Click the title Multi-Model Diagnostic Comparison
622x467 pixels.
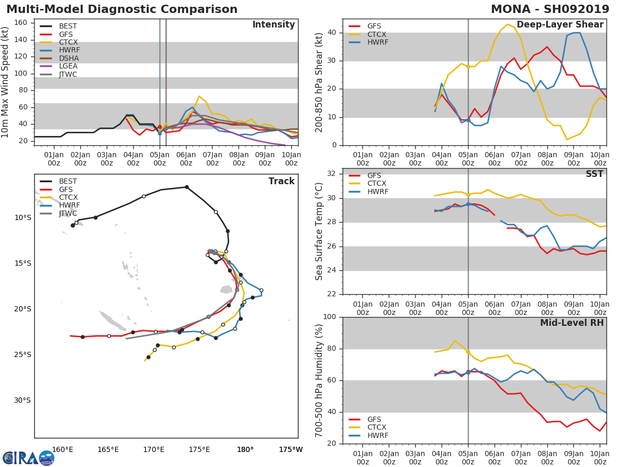(x=122, y=9)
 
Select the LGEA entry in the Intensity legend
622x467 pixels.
(x=68, y=66)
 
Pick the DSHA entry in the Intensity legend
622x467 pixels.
(x=68, y=58)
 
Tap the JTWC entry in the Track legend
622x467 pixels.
(x=68, y=214)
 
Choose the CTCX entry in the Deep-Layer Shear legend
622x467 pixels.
(x=377, y=34)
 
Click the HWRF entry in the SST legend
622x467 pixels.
(x=377, y=192)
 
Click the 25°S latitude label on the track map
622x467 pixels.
(x=22, y=355)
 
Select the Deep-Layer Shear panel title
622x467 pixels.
(x=560, y=25)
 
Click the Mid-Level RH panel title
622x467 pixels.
(x=572, y=323)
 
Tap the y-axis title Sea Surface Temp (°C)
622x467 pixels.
(x=319, y=231)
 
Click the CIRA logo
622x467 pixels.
(x=28, y=458)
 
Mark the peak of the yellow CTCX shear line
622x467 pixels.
(x=507, y=24)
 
